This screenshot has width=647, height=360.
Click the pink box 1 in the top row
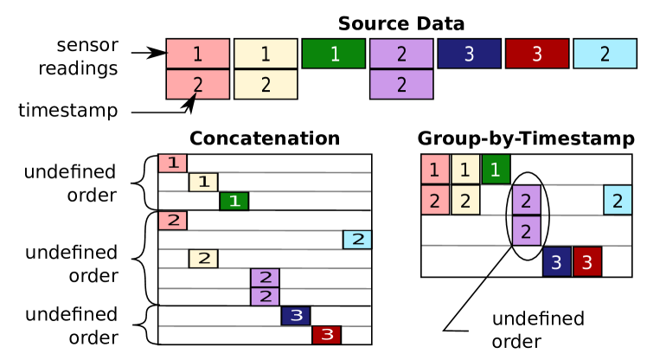(x=197, y=54)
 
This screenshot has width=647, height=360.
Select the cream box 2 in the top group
(x=266, y=85)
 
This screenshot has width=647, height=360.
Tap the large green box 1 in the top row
(x=333, y=54)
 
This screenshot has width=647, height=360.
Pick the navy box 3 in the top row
(x=469, y=54)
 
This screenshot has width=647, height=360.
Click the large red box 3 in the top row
(x=536, y=54)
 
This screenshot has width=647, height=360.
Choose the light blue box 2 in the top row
(x=605, y=54)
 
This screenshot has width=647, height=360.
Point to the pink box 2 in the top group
(x=197, y=85)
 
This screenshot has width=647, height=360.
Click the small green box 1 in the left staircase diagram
(x=234, y=201)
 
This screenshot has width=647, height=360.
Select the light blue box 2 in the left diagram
(x=357, y=240)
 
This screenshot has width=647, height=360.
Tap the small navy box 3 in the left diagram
(x=296, y=316)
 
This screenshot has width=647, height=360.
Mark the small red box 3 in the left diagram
(x=326, y=335)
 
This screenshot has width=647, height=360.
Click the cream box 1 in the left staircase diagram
(x=203, y=182)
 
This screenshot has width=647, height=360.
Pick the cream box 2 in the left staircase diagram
(x=203, y=258)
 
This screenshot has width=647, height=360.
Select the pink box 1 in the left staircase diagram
(x=172, y=163)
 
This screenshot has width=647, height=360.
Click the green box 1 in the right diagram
(x=496, y=170)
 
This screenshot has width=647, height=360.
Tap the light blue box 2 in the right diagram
(x=618, y=200)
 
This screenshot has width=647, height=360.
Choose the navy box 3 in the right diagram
(x=556, y=261)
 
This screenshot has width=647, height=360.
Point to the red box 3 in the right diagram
(x=587, y=261)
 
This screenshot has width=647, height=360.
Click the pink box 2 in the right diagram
(x=435, y=200)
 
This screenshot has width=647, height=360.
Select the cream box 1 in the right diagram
(x=465, y=170)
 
